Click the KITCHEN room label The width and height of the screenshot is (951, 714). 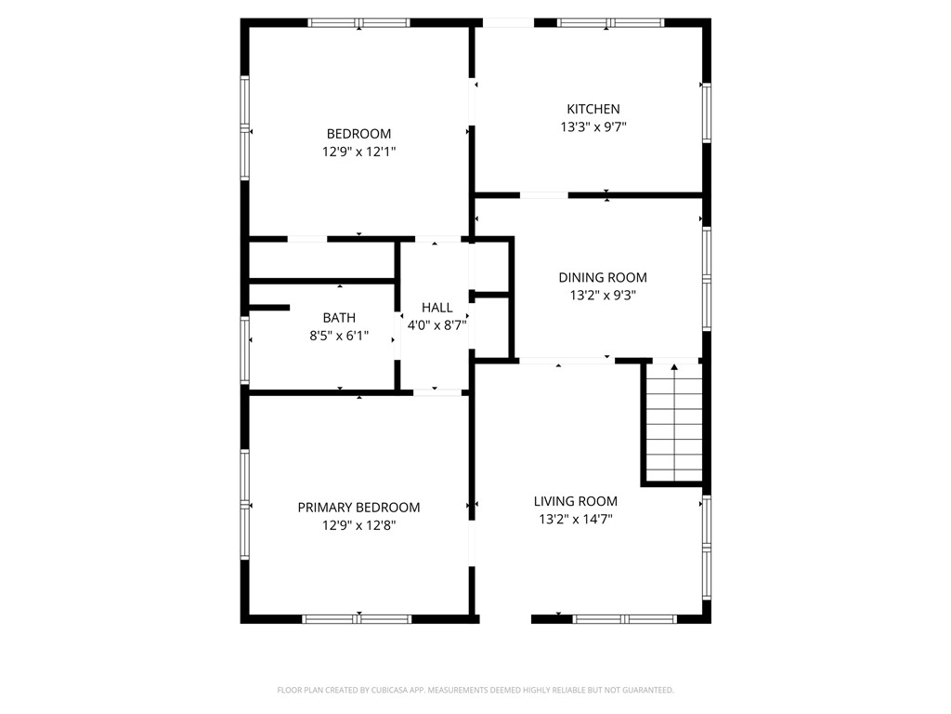593,110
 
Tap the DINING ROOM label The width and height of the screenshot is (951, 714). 602,277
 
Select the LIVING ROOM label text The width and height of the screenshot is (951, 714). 576,501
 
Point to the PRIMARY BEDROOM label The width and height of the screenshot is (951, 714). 358,508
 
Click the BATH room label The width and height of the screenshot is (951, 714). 339,318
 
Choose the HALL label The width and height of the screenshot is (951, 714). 436,308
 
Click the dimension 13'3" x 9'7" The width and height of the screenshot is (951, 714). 593,126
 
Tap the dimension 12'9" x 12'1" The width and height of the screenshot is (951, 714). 358,152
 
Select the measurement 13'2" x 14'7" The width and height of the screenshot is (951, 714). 576,519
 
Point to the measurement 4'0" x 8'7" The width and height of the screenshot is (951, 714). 436,325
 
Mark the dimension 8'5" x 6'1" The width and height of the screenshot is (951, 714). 339,335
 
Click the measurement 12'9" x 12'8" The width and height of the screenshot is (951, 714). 358,525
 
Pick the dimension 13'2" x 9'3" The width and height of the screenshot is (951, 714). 602,296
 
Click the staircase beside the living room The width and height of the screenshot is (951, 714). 674,423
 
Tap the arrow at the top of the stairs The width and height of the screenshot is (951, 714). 674,366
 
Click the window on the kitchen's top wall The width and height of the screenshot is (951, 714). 611,23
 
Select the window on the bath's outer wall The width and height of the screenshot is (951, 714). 245,350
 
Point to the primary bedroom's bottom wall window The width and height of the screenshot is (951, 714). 357,619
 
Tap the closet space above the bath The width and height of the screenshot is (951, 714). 322,260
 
